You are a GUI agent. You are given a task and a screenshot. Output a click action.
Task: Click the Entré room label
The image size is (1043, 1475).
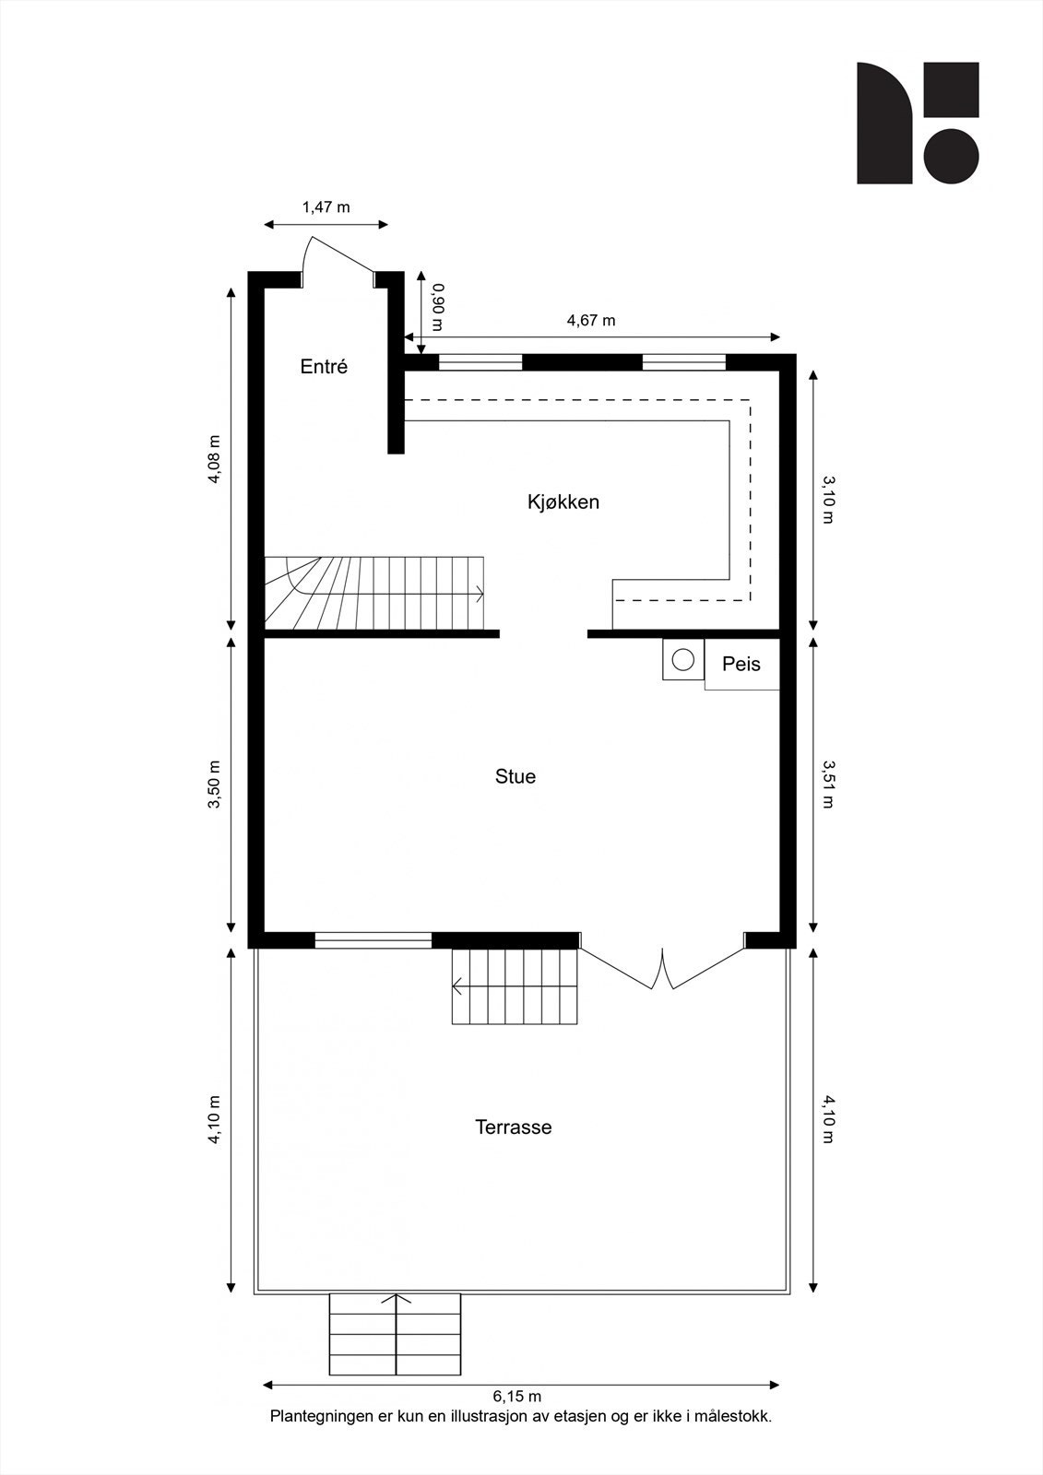point(324,367)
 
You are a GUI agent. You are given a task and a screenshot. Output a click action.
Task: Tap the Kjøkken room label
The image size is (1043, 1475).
point(563,502)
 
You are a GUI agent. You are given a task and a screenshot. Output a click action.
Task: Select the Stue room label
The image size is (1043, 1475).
point(515,777)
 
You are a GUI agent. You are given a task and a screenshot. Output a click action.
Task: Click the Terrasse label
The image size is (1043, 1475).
point(514,1127)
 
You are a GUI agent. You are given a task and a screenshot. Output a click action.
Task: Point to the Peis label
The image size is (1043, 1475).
point(741,664)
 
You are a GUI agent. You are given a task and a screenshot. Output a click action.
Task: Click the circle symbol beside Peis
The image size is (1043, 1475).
point(682,660)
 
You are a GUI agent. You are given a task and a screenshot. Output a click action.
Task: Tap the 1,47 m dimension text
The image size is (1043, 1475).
point(326,207)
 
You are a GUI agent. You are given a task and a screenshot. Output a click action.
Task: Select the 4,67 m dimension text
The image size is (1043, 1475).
point(590,321)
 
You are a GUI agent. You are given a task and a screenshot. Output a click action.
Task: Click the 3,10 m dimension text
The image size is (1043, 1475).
point(827,499)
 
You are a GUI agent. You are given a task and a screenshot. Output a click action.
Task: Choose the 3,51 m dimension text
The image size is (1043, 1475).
point(827,784)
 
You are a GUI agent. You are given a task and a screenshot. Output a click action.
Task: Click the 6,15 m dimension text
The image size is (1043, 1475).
point(516,1397)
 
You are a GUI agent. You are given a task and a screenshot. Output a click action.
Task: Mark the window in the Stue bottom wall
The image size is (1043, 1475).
point(373,940)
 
